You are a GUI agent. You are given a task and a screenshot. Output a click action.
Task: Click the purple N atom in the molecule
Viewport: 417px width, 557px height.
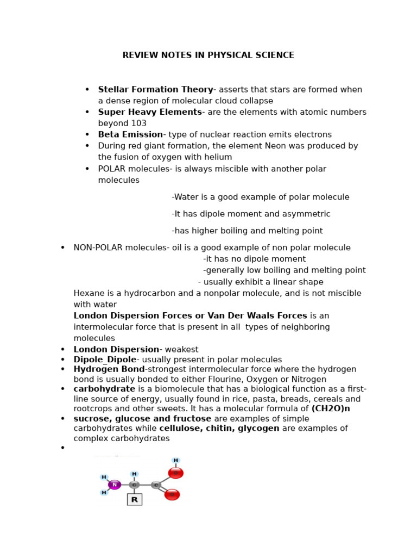click(114, 485)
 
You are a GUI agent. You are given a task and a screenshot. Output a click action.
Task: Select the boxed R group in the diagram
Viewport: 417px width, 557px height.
click(134, 499)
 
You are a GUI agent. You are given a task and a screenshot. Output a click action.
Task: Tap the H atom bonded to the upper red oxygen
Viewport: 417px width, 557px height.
click(175, 461)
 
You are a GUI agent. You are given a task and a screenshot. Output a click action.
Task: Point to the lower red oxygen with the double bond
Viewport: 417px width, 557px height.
click(172, 494)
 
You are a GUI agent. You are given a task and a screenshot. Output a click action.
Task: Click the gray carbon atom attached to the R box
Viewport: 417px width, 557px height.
click(134, 485)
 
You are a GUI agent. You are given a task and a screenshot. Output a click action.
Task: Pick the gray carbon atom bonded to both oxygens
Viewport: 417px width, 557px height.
click(156, 485)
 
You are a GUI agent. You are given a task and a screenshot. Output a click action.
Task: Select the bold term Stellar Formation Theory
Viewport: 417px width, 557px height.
click(155, 90)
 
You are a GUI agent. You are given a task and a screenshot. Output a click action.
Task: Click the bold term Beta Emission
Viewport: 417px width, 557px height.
click(130, 135)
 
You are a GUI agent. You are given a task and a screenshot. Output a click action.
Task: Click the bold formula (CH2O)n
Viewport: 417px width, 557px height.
click(331, 409)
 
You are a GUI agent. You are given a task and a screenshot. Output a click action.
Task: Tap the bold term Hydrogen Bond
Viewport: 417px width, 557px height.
click(109, 369)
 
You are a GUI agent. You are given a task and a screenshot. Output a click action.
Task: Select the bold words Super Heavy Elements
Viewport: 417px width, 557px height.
click(150, 113)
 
